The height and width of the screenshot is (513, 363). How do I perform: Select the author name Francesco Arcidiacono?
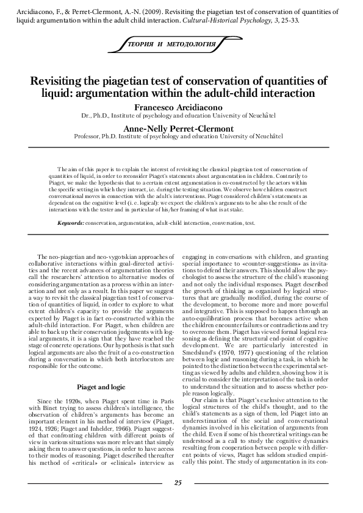point(178,105)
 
